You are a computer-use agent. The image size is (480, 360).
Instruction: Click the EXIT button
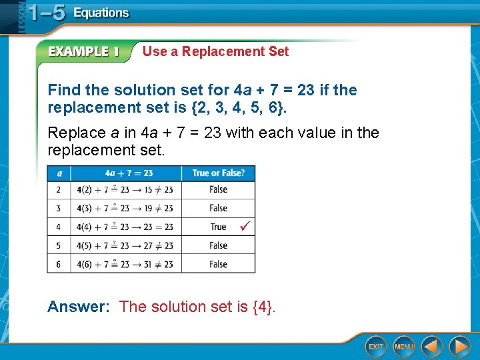376,346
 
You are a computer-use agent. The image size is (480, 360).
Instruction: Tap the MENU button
404,346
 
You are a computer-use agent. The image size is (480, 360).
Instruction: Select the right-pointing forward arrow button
459,346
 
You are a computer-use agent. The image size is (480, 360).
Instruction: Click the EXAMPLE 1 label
83,52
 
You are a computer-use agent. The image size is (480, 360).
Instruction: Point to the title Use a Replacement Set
215,51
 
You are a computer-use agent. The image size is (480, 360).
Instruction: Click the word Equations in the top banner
101,13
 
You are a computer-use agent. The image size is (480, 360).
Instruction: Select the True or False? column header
218,173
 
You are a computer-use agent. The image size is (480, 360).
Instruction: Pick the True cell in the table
218,227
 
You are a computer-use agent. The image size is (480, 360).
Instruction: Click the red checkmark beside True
245,227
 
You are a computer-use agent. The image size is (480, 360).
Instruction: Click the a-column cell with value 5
58,245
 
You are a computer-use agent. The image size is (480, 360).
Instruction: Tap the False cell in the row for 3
218,208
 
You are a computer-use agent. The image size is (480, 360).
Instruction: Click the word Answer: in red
79,307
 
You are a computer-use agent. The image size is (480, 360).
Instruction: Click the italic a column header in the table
58,173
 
